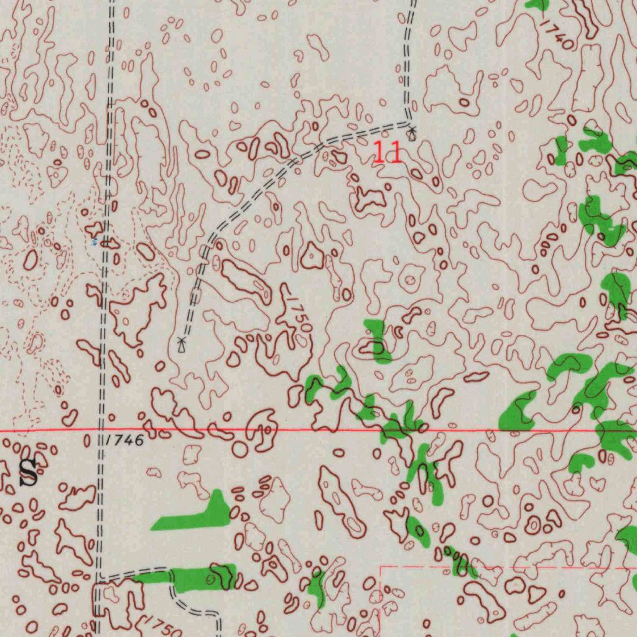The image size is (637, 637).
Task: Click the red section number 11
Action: point(387,153)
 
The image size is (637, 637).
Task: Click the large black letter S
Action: point(29,474)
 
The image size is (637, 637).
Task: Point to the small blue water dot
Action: point(95,241)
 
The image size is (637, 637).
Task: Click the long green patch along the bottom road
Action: point(187,579)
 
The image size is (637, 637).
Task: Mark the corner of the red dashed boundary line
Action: point(380,567)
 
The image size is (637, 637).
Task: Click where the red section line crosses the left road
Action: point(102,430)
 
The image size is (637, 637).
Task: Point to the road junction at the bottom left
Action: point(99,581)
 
